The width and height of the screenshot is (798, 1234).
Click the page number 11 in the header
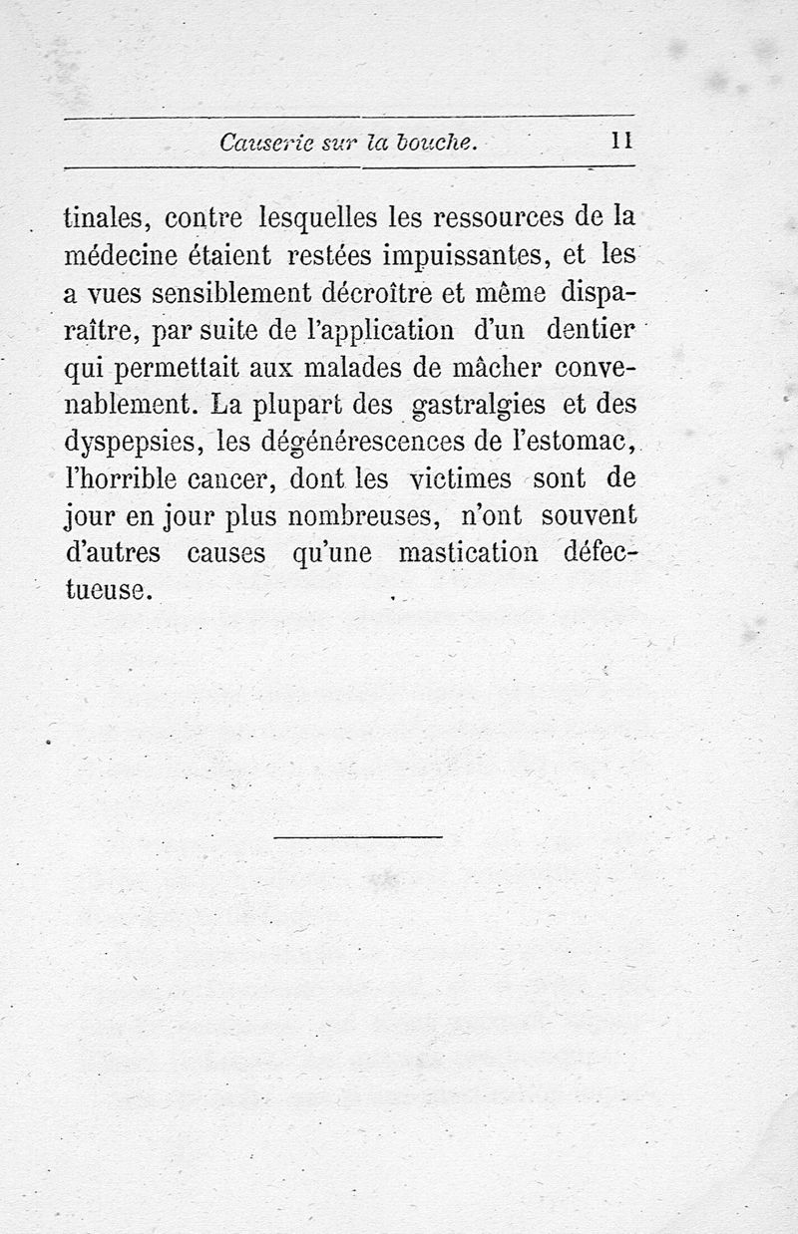click(x=622, y=142)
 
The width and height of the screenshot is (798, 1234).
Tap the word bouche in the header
click(x=437, y=143)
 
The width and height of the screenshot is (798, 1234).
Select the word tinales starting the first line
click(x=105, y=216)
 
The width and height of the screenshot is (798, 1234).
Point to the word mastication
click(x=468, y=554)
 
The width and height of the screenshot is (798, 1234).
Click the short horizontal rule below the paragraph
click(x=357, y=836)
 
